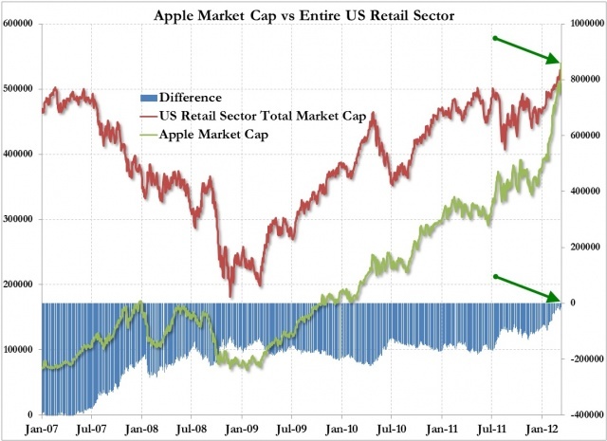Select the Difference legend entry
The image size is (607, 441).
[189, 97]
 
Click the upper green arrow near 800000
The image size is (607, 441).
[527, 50]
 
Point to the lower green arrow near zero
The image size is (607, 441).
[527, 288]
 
